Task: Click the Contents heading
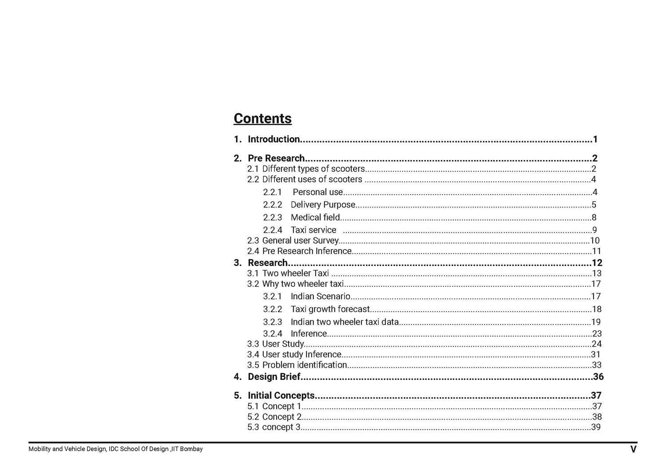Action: (262, 119)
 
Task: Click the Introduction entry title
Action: (274, 139)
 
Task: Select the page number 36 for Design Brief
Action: (598, 377)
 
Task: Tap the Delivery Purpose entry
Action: (323, 205)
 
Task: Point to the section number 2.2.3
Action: (272, 218)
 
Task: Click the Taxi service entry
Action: (313, 230)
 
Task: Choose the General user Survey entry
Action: (300, 241)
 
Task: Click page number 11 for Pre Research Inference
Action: (596, 251)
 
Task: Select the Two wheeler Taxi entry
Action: (295, 273)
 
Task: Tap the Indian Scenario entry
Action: (320, 297)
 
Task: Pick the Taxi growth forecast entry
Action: (330, 309)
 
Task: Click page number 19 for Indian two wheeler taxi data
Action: (596, 322)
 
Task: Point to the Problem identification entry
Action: (304, 365)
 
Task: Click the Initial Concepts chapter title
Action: (281, 396)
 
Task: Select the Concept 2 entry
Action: (281, 417)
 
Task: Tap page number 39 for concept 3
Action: (596, 427)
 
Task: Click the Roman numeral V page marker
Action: (633, 449)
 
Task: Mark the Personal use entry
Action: (317, 192)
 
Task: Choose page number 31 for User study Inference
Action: (595, 354)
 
